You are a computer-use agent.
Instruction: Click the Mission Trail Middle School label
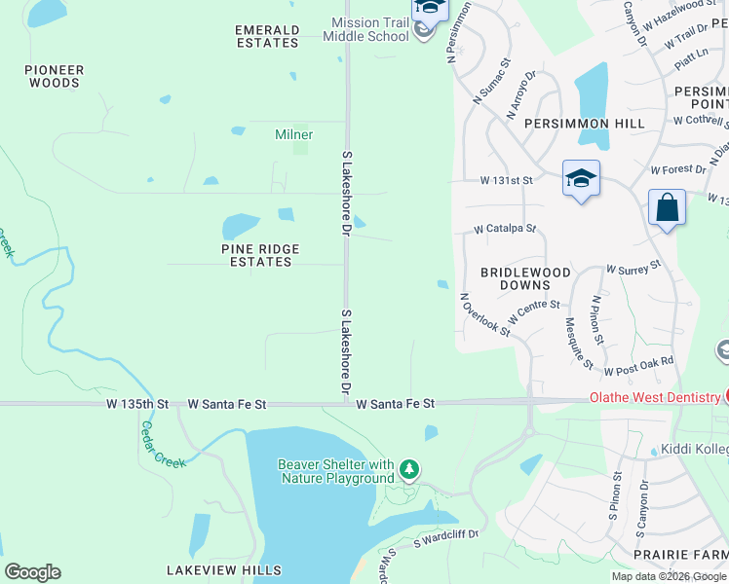tap(369, 29)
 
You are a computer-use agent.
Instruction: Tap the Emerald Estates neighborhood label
tap(266, 37)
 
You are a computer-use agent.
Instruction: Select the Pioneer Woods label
tap(55, 76)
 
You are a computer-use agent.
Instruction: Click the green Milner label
tap(293, 134)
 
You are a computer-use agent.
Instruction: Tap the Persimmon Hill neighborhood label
tap(584, 124)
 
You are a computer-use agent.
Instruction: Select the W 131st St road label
tap(507, 181)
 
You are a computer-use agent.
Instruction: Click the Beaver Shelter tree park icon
tap(409, 471)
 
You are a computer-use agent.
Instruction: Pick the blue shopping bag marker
tap(668, 207)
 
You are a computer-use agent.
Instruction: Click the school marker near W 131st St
tap(581, 178)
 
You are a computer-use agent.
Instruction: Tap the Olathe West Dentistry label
tap(654, 398)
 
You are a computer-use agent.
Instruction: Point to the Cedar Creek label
tap(163, 444)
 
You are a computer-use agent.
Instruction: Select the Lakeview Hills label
tap(223, 570)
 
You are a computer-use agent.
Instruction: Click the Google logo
tap(32, 572)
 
